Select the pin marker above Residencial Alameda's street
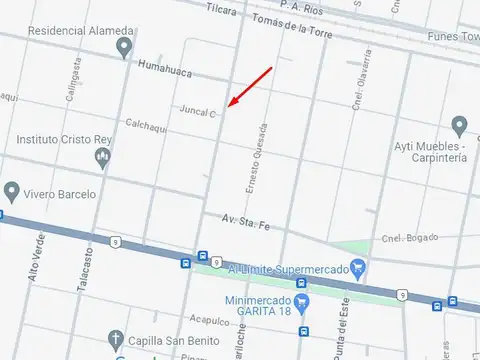click(x=124, y=47)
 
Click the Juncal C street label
click(x=198, y=112)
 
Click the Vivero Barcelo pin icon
click(x=12, y=190)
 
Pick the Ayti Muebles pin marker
click(x=459, y=126)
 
